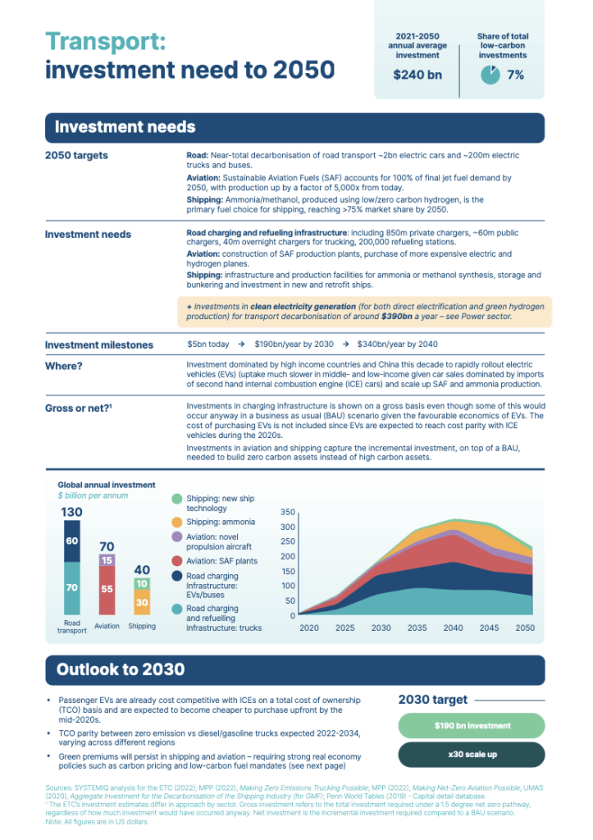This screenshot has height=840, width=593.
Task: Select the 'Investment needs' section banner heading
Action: [125, 127]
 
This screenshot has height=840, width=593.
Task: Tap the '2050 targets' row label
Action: [76, 156]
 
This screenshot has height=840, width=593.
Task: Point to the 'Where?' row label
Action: [63, 366]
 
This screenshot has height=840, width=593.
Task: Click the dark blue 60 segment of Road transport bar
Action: [72, 541]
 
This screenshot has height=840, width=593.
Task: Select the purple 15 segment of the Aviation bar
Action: [107, 560]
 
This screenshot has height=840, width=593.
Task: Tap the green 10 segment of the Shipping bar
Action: [142, 584]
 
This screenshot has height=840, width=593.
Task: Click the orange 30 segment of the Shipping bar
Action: [142, 603]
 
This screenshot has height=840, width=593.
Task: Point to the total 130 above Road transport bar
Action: [72, 513]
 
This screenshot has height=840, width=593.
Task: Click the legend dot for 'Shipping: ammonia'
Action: [177, 523]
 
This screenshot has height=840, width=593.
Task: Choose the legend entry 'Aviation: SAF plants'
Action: [221, 561]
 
